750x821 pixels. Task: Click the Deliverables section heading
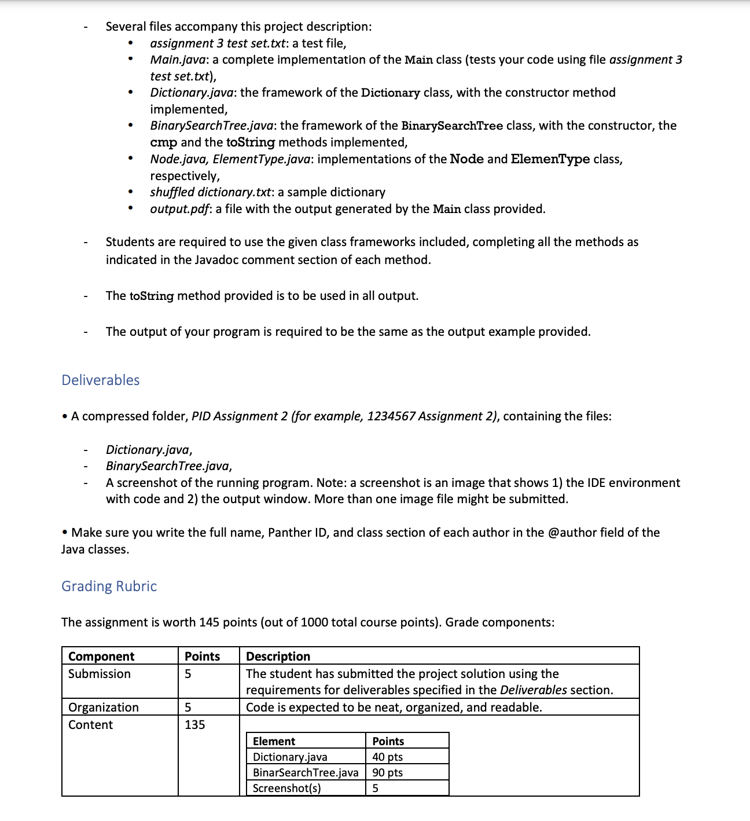pyautogui.click(x=100, y=380)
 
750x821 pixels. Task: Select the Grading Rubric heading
pyautogui.click(x=109, y=586)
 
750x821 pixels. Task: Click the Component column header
pyautogui.click(x=101, y=656)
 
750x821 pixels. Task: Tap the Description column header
pyautogui.click(x=278, y=656)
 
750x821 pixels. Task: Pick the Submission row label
pyautogui.click(x=99, y=673)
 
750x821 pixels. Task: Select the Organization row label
pyautogui.click(x=103, y=707)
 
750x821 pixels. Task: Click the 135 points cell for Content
pyautogui.click(x=194, y=724)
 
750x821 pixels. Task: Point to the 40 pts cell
pyautogui.click(x=387, y=757)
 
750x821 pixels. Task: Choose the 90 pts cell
pyautogui.click(x=387, y=772)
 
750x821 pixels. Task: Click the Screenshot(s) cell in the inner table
pyautogui.click(x=286, y=788)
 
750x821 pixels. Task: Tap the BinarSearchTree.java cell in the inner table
pyautogui.click(x=305, y=772)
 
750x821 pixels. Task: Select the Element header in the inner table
pyautogui.click(x=274, y=741)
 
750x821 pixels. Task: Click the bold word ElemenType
pyautogui.click(x=550, y=159)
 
